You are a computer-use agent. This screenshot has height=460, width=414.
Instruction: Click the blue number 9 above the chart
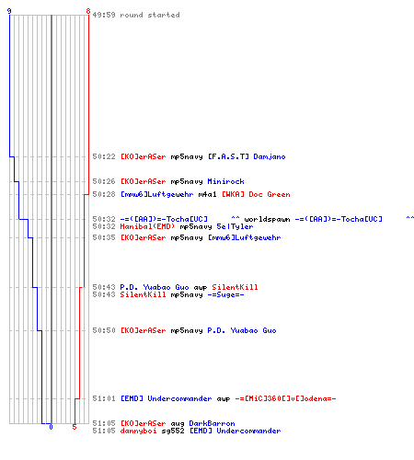click(9, 11)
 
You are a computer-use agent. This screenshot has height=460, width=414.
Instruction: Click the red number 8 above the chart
click(88, 11)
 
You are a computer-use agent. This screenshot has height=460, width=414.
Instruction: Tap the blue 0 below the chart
click(51, 427)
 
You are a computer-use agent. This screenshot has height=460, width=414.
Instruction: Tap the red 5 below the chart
click(75, 427)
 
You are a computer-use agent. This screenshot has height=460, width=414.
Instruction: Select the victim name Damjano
click(270, 157)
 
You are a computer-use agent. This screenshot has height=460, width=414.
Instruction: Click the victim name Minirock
click(225, 181)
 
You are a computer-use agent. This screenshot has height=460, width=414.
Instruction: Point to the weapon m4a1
click(207, 194)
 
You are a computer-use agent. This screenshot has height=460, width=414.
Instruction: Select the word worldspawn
click(267, 219)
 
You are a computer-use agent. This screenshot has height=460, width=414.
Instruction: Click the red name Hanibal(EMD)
click(147, 226)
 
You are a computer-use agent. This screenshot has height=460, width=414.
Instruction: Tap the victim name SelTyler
click(235, 227)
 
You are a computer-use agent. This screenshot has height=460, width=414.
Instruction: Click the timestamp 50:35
click(104, 237)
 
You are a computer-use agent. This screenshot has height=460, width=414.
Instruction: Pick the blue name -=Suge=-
click(225, 295)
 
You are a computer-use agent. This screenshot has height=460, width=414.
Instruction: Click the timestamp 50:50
click(104, 330)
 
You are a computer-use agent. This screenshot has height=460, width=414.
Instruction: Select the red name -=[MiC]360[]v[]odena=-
click(285, 398)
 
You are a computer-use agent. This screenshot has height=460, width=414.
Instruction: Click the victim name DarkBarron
click(212, 423)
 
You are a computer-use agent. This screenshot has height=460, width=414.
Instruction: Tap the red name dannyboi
click(138, 431)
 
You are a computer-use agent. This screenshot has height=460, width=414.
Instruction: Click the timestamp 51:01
click(104, 398)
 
